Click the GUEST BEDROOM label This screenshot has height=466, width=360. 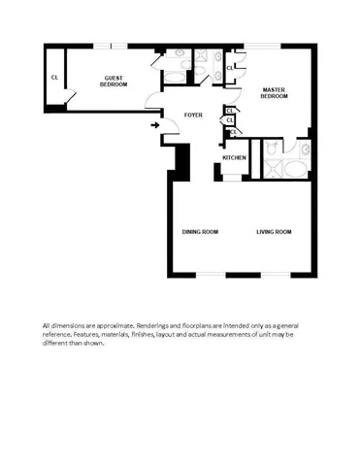point(114,82)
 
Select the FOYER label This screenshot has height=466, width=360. point(193,115)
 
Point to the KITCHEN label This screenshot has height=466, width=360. point(234,158)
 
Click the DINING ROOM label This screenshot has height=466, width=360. point(200,231)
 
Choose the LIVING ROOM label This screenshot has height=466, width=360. point(274,231)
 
